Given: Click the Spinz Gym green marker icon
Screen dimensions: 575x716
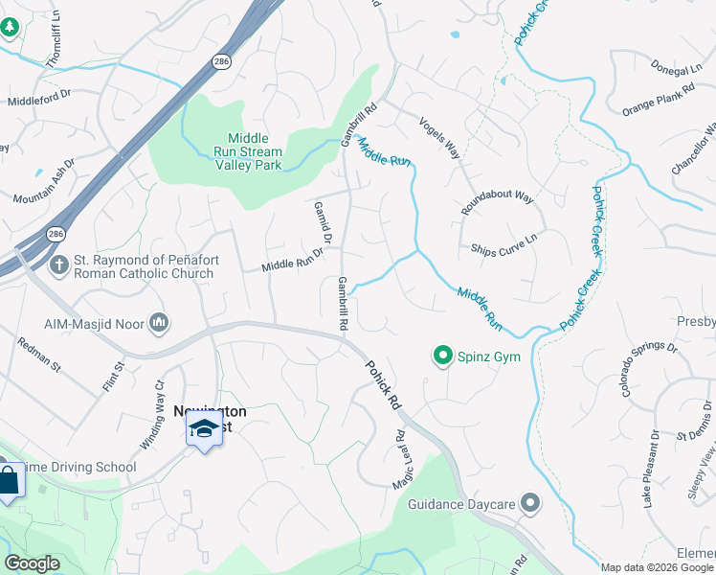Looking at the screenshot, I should click(x=442, y=356).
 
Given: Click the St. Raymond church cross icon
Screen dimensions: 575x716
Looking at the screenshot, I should click(x=58, y=264).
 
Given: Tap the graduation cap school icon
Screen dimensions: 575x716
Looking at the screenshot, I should click(x=204, y=429).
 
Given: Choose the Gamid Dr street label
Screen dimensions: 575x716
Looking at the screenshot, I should click(x=323, y=221).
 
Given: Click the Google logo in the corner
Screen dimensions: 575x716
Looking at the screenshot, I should click(x=33, y=563).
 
